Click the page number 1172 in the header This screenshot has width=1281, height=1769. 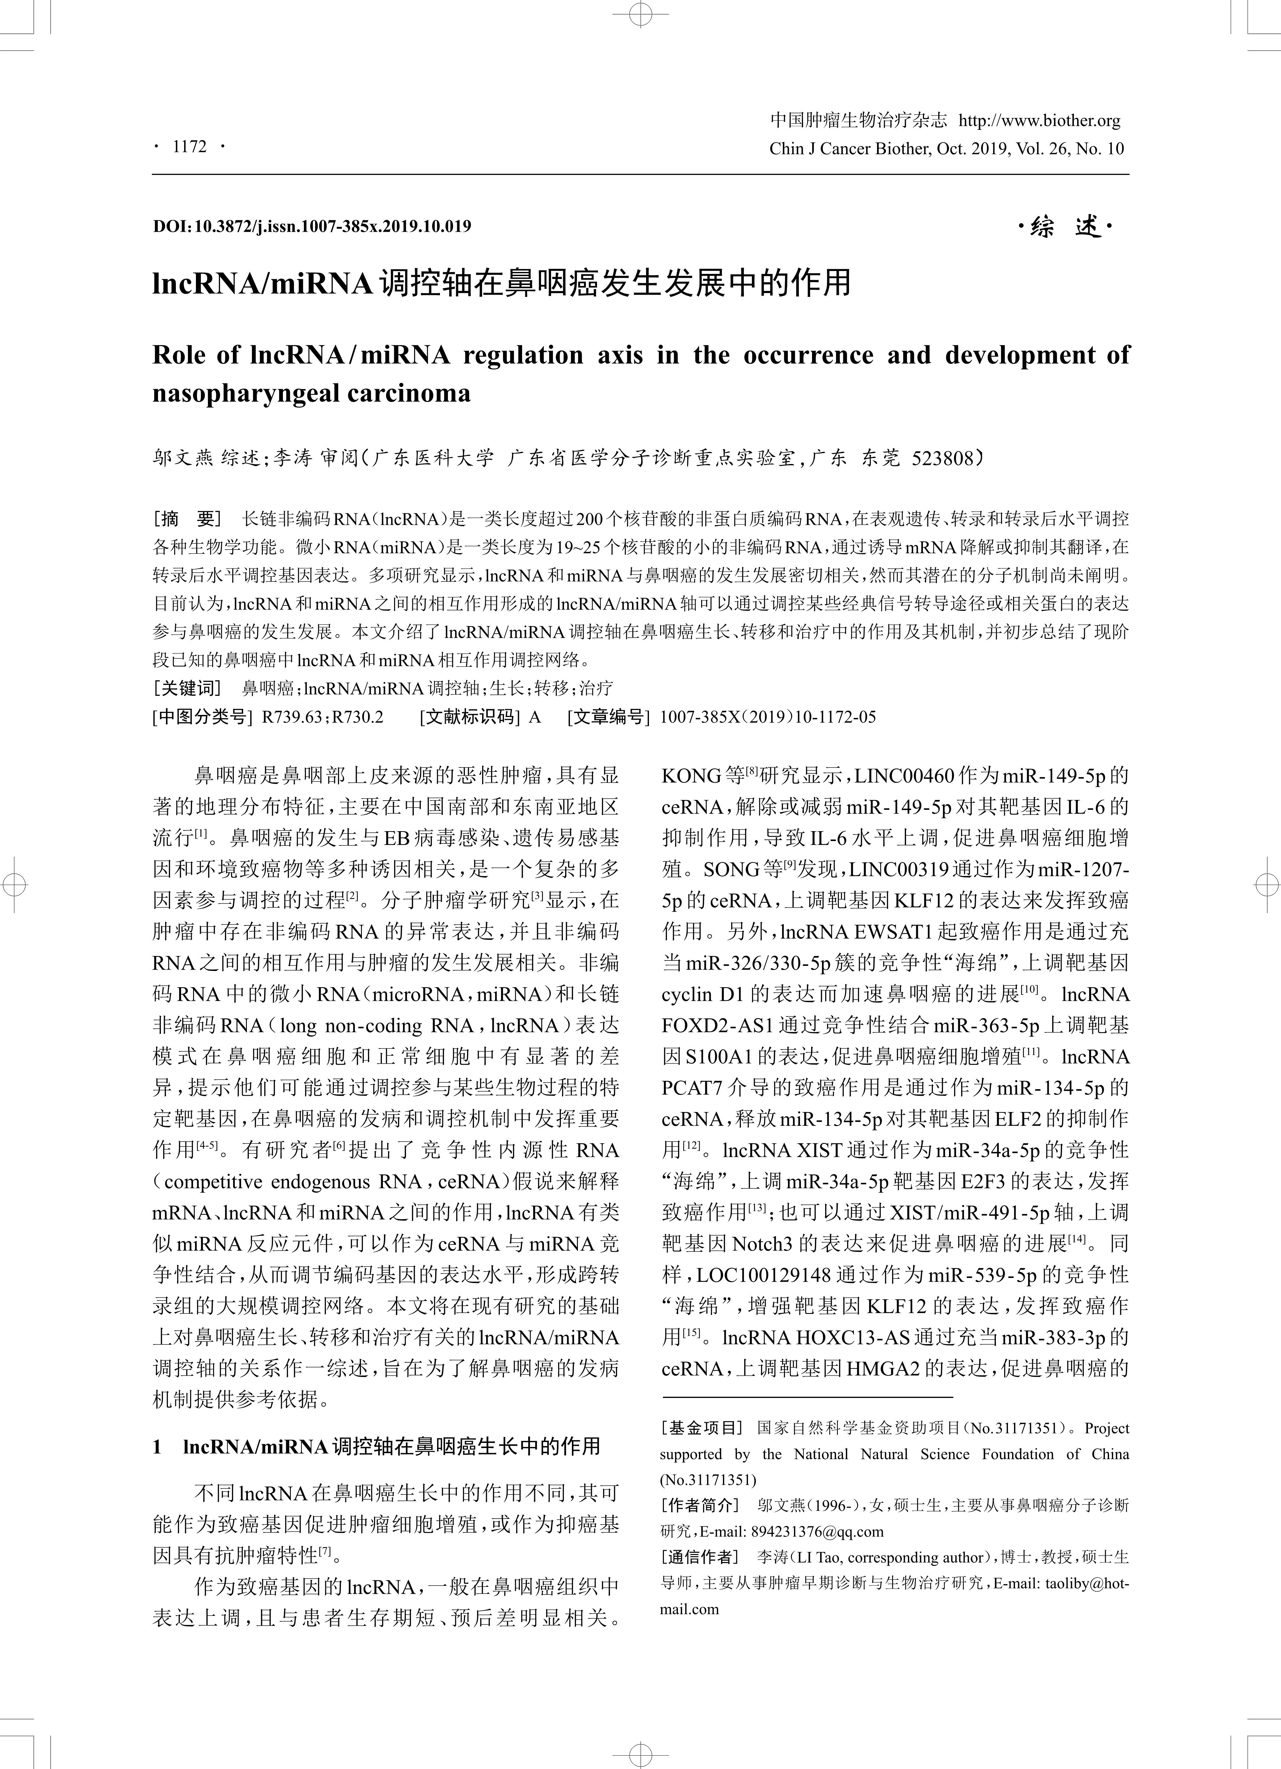(x=190, y=146)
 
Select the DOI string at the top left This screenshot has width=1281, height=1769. (x=312, y=226)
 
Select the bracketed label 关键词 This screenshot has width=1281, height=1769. (x=187, y=688)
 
